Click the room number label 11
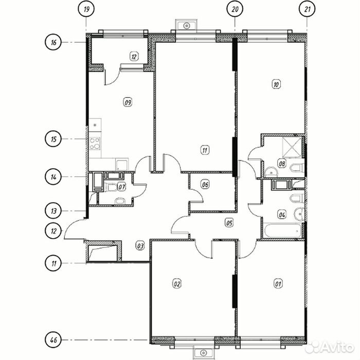pyautogui.click(x=205, y=150)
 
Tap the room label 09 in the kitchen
pyautogui.click(x=128, y=102)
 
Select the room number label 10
pyautogui.click(x=276, y=84)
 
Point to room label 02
pyautogui.click(x=177, y=284)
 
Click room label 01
pyautogui.click(x=278, y=284)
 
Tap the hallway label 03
pyautogui.click(x=140, y=246)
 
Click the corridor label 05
pyautogui.click(x=229, y=223)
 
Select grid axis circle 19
pyautogui.click(x=86, y=9)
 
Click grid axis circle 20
pyautogui.click(x=235, y=9)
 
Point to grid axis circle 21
pyautogui.click(x=307, y=9)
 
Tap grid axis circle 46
pyautogui.click(x=53, y=340)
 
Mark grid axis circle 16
pyautogui.click(x=53, y=43)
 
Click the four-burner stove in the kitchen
pyautogui.click(x=95, y=143)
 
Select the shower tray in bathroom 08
pyautogui.click(x=292, y=148)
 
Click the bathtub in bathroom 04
pyautogui.click(x=282, y=231)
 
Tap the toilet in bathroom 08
pyautogui.click(x=297, y=168)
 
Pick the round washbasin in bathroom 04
pyautogui.click(x=299, y=213)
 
